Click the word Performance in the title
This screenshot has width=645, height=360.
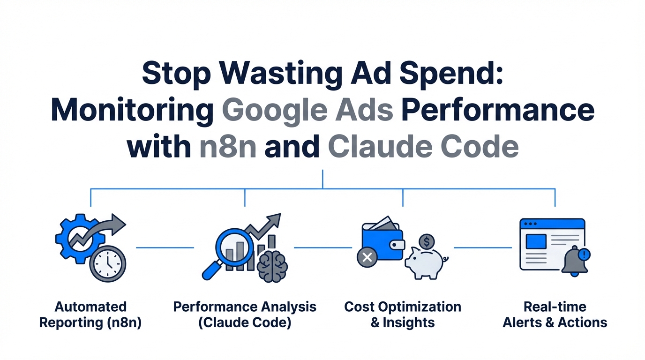click(498, 110)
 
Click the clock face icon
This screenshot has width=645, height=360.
click(108, 263)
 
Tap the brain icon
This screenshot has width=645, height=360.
click(272, 266)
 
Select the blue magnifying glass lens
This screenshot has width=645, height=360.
click(234, 246)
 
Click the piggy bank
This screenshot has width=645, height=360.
click(426, 263)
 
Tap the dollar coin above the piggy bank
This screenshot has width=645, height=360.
click(427, 241)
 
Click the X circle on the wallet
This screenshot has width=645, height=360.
click(367, 257)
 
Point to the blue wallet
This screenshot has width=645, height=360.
click(383, 241)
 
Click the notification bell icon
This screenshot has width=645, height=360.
click(575, 262)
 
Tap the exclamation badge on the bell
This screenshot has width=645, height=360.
click(584, 255)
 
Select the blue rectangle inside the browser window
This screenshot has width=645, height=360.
click(536, 241)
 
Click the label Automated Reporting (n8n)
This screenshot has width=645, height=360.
click(90, 315)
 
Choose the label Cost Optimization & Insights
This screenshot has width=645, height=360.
click(403, 315)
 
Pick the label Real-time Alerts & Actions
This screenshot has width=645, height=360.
click(555, 315)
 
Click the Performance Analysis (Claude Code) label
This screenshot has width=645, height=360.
click(245, 315)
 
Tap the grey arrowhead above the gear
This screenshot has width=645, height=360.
click(118, 224)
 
